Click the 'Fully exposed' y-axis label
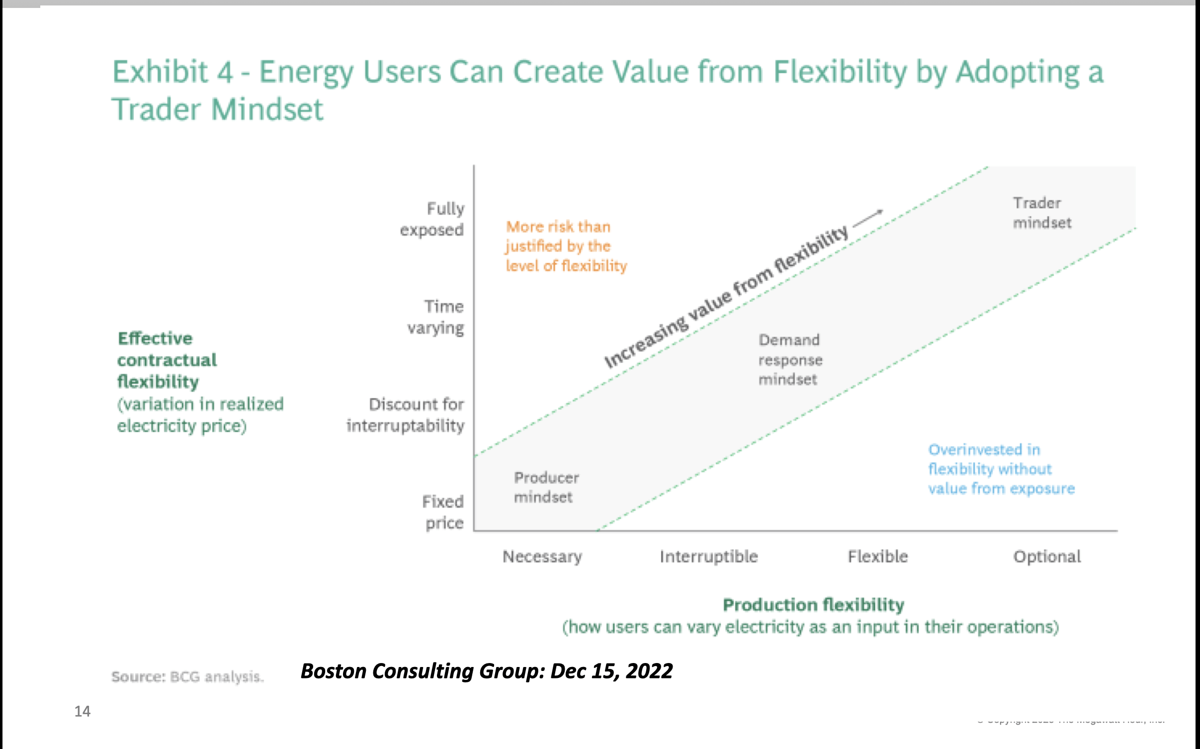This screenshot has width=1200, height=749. (x=432, y=219)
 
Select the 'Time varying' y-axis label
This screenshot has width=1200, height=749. (x=436, y=317)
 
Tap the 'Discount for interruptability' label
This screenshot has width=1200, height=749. (x=406, y=415)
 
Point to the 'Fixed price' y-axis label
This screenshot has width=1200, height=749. (x=443, y=511)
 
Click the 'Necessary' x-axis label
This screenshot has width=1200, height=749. (x=542, y=556)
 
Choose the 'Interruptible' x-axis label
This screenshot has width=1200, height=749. (x=708, y=556)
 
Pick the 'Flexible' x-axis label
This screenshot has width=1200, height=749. (x=877, y=556)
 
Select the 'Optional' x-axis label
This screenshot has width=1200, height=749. (x=1047, y=556)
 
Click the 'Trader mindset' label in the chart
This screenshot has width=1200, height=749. (x=1041, y=213)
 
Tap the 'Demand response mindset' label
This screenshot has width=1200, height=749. (x=790, y=359)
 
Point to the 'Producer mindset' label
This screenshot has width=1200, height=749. (x=546, y=487)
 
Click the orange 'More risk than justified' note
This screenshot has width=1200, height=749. (x=566, y=246)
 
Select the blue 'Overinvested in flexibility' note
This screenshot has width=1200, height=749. (x=1000, y=469)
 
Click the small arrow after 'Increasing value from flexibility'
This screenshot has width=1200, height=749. (x=868, y=217)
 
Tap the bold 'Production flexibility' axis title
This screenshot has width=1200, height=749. (x=813, y=604)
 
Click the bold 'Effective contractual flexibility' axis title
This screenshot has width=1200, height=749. (x=167, y=359)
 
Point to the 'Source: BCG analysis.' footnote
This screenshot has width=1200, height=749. (x=187, y=676)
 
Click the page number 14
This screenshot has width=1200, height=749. (x=83, y=711)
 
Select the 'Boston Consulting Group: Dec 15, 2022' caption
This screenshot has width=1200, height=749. (x=486, y=671)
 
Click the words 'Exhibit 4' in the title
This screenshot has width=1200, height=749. (x=172, y=72)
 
